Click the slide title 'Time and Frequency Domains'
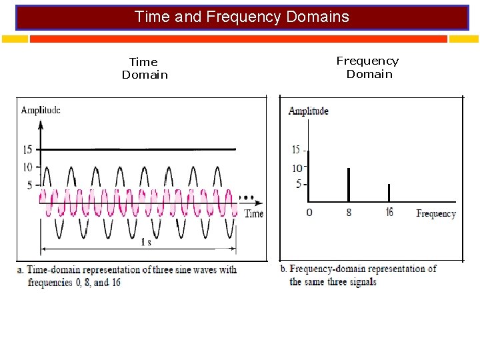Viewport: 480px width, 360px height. coord(241,17)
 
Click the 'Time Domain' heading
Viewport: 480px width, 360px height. coord(145,69)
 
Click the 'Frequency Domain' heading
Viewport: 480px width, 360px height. coord(368,67)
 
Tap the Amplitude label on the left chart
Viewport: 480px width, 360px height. coord(41,110)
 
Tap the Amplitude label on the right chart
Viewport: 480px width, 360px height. coord(308,111)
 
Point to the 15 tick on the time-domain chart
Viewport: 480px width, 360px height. coord(28,149)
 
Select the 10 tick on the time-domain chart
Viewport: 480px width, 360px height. coord(28,167)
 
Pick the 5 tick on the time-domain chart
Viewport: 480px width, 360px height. coord(30,185)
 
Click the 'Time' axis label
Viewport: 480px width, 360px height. coord(254,213)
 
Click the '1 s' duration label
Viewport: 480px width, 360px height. coord(146,242)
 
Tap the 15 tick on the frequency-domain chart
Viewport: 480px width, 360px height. coord(297,150)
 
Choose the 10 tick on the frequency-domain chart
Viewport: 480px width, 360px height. coord(297,168)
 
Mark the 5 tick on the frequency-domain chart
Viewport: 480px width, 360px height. coord(299,184)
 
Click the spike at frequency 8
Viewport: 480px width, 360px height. coord(348,185)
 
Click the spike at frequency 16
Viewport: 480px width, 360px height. coord(389,193)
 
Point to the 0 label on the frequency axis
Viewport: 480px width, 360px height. coord(309,213)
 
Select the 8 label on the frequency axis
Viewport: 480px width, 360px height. coord(349,213)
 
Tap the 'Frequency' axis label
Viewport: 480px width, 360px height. coord(436,214)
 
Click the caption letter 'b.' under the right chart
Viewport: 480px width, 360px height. coord(284,269)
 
